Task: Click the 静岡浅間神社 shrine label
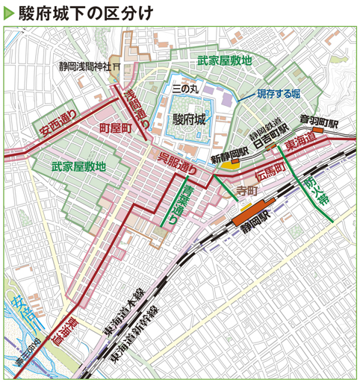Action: tap(84, 66)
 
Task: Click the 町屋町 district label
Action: tap(116, 129)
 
